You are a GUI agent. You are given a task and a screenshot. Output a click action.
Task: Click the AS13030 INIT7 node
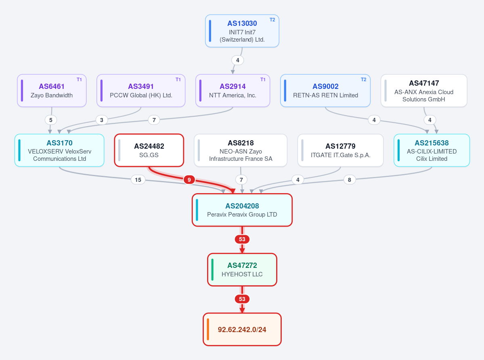(242, 31)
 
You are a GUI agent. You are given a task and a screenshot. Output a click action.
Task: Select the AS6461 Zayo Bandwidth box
(52, 91)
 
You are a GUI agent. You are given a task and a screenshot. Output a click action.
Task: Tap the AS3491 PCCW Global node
(141, 91)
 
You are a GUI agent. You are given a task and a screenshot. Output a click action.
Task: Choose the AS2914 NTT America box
(233, 91)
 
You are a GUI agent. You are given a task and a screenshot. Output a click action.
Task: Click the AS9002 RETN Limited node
(325, 91)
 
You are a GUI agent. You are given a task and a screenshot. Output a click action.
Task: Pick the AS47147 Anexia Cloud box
(424, 91)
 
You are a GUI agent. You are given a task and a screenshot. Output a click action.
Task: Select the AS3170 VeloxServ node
(59, 150)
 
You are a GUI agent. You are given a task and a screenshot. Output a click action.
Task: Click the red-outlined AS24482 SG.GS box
(149, 150)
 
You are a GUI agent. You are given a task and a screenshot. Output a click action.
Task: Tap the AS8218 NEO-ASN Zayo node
(241, 150)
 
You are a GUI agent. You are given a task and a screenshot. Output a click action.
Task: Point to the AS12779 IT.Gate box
(340, 150)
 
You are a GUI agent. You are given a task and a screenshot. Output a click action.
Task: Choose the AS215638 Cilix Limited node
(432, 150)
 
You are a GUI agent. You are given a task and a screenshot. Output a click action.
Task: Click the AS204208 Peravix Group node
(242, 210)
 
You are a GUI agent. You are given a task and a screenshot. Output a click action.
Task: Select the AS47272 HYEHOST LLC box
(242, 270)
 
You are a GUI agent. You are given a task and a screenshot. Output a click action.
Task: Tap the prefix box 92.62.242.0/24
(242, 329)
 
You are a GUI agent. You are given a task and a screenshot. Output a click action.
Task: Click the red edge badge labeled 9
(189, 179)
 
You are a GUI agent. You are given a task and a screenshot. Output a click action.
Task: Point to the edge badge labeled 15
(138, 179)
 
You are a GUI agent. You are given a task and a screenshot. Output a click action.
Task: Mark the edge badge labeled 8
(350, 179)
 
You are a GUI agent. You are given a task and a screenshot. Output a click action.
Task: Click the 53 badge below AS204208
(242, 239)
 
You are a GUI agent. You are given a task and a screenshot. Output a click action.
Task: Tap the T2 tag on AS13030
(272, 20)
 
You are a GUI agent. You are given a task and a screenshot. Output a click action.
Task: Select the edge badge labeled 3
(102, 120)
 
